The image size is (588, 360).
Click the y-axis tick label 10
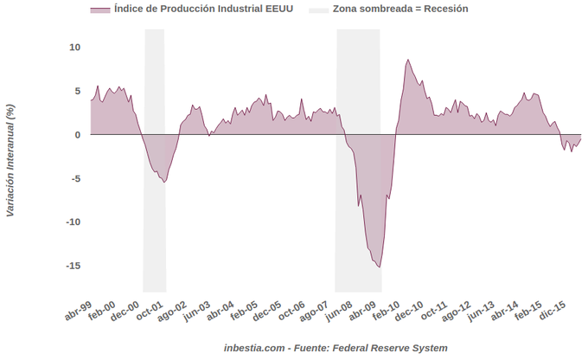pos(74,47)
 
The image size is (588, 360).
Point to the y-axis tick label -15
pos(73,266)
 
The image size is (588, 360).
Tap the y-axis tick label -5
pos(75,178)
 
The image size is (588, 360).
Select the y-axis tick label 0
pos(77,135)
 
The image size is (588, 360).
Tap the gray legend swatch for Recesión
pos(319,9)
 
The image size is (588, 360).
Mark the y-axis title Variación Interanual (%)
pos(10,159)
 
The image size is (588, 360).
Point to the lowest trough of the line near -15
pos(380,267)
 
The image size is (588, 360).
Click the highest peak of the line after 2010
pos(407,60)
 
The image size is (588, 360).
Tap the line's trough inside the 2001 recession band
pos(164,182)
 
